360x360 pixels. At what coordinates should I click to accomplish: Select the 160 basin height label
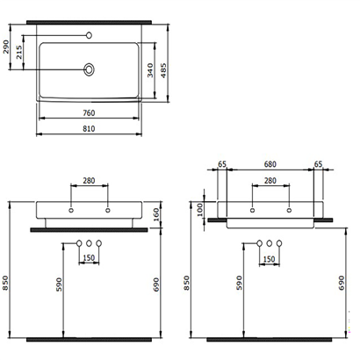coord(155,212)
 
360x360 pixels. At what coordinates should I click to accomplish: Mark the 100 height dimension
coord(200,208)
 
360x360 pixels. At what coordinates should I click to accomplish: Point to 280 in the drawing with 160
coord(89,181)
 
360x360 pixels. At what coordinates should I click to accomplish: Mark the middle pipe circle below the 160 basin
coord(89,242)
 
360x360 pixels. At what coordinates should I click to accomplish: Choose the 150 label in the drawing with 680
coord(270,259)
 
